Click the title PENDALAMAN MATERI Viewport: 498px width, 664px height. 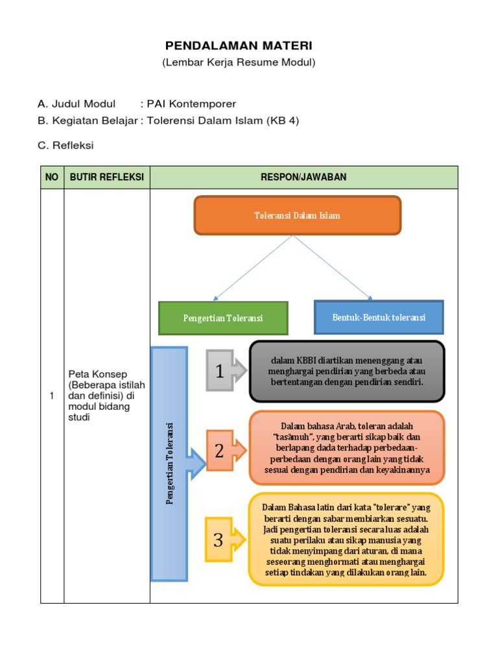pyautogui.click(x=238, y=46)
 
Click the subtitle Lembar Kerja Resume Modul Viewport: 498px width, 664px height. pyautogui.click(x=238, y=63)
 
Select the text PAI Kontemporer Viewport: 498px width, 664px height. pyautogui.click(x=191, y=104)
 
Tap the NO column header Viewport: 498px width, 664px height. pyautogui.click(x=52, y=177)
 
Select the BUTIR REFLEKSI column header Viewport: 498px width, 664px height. pyautogui.click(x=106, y=177)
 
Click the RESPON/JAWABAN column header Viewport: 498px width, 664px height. pyautogui.click(x=303, y=177)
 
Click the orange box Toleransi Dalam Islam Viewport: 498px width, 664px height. pyautogui.click(x=298, y=215)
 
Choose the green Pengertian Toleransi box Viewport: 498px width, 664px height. pyautogui.click(x=222, y=318)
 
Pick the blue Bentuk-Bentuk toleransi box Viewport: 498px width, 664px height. pyautogui.click(x=379, y=318)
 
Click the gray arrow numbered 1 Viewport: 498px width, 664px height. pyautogui.click(x=225, y=372)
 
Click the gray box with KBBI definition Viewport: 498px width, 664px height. pyautogui.click(x=347, y=372)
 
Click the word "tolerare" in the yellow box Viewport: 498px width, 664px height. pyautogui.click(x=392, y=507)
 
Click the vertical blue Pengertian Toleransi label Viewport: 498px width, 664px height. pyautogui.click(x=169, y=464)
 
